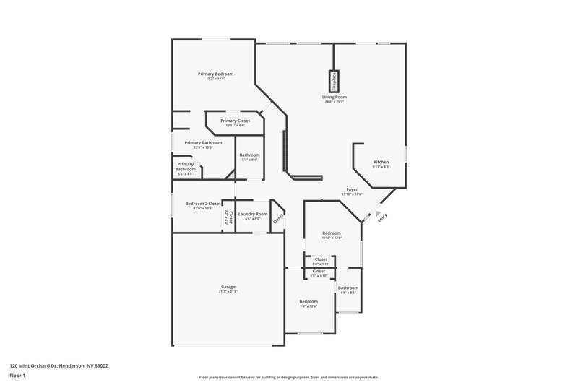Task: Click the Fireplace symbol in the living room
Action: point(335,80)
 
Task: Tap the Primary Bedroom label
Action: point(216,74)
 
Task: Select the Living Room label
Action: point(335,97)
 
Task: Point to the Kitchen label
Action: point(381,162)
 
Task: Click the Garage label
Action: point(228,287)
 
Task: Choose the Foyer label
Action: point(352,189)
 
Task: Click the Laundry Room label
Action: point(253,214)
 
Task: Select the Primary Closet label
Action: point(235,121)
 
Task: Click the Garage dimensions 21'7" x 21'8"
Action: point(228,292)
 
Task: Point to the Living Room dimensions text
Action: point(335,102)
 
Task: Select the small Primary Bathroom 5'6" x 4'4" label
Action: point(186,174)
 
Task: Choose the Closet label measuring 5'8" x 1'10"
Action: point(319,275)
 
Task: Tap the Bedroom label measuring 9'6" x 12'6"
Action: point(309,306)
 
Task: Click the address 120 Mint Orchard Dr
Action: point(59,365)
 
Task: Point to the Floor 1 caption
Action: point(17,376)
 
